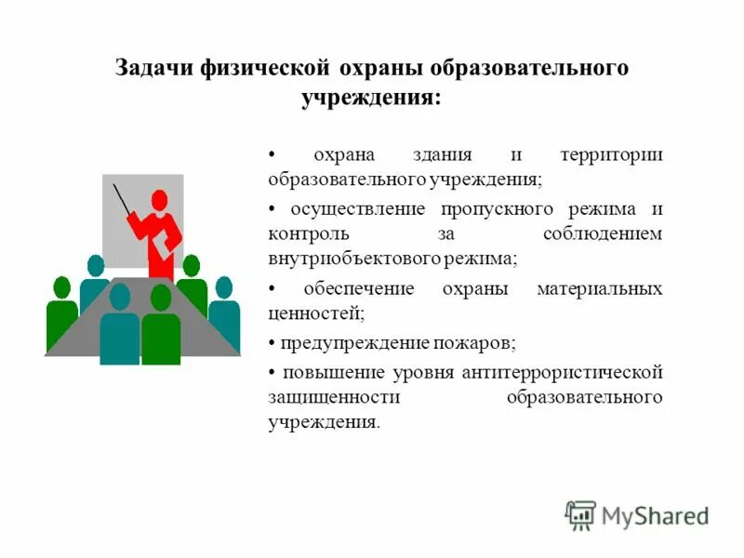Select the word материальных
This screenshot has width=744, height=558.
point(599,289)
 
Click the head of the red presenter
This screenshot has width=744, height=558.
point(159,199)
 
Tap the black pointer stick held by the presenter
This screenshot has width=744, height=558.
point(123,201)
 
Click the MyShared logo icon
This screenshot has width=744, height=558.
point(580,514)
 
